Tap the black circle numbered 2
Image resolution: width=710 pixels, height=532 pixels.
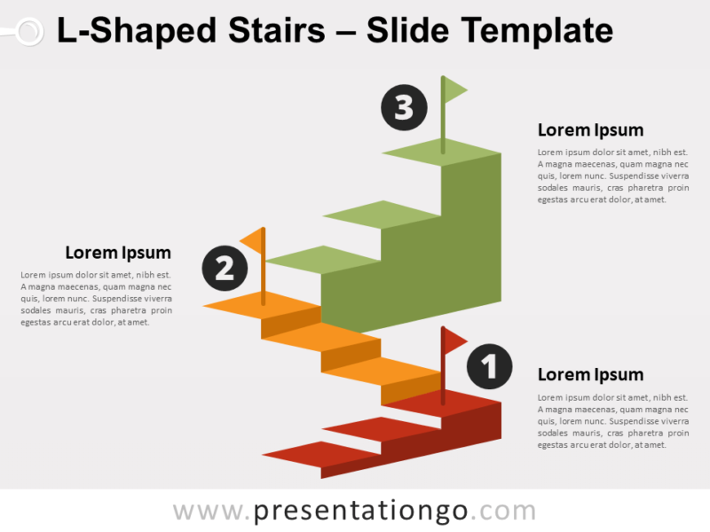225,269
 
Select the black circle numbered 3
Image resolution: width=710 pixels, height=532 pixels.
404,108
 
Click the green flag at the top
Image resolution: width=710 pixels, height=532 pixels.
454,90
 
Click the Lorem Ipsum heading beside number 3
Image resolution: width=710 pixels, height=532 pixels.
590,130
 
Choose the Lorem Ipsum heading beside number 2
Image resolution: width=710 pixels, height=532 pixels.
118,253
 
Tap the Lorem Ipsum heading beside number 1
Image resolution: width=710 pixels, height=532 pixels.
590,375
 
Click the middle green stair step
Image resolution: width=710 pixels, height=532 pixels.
382,214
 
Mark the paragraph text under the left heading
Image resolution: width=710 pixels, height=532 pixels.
96,298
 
